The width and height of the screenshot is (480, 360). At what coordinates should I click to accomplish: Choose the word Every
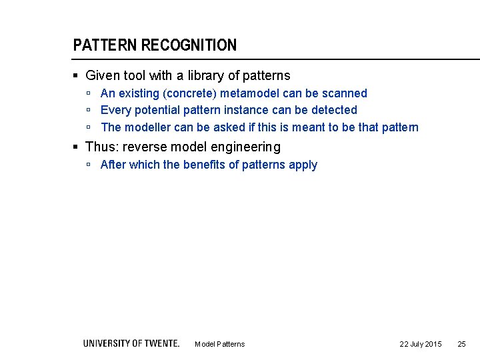(x=115, y=110)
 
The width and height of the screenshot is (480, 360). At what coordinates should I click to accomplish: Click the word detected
(x=334, y=110)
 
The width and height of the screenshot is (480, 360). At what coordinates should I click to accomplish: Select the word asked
(x=231, y=127)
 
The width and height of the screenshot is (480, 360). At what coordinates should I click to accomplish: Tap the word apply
(x=303, y=165)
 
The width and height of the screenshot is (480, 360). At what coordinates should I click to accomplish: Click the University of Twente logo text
(x=131, y=343)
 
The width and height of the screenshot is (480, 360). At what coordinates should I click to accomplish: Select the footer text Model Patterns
(x=219, y=344)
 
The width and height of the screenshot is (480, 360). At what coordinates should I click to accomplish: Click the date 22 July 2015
(x=420, y=344)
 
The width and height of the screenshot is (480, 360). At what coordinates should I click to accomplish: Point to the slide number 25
(x=461, y=344)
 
